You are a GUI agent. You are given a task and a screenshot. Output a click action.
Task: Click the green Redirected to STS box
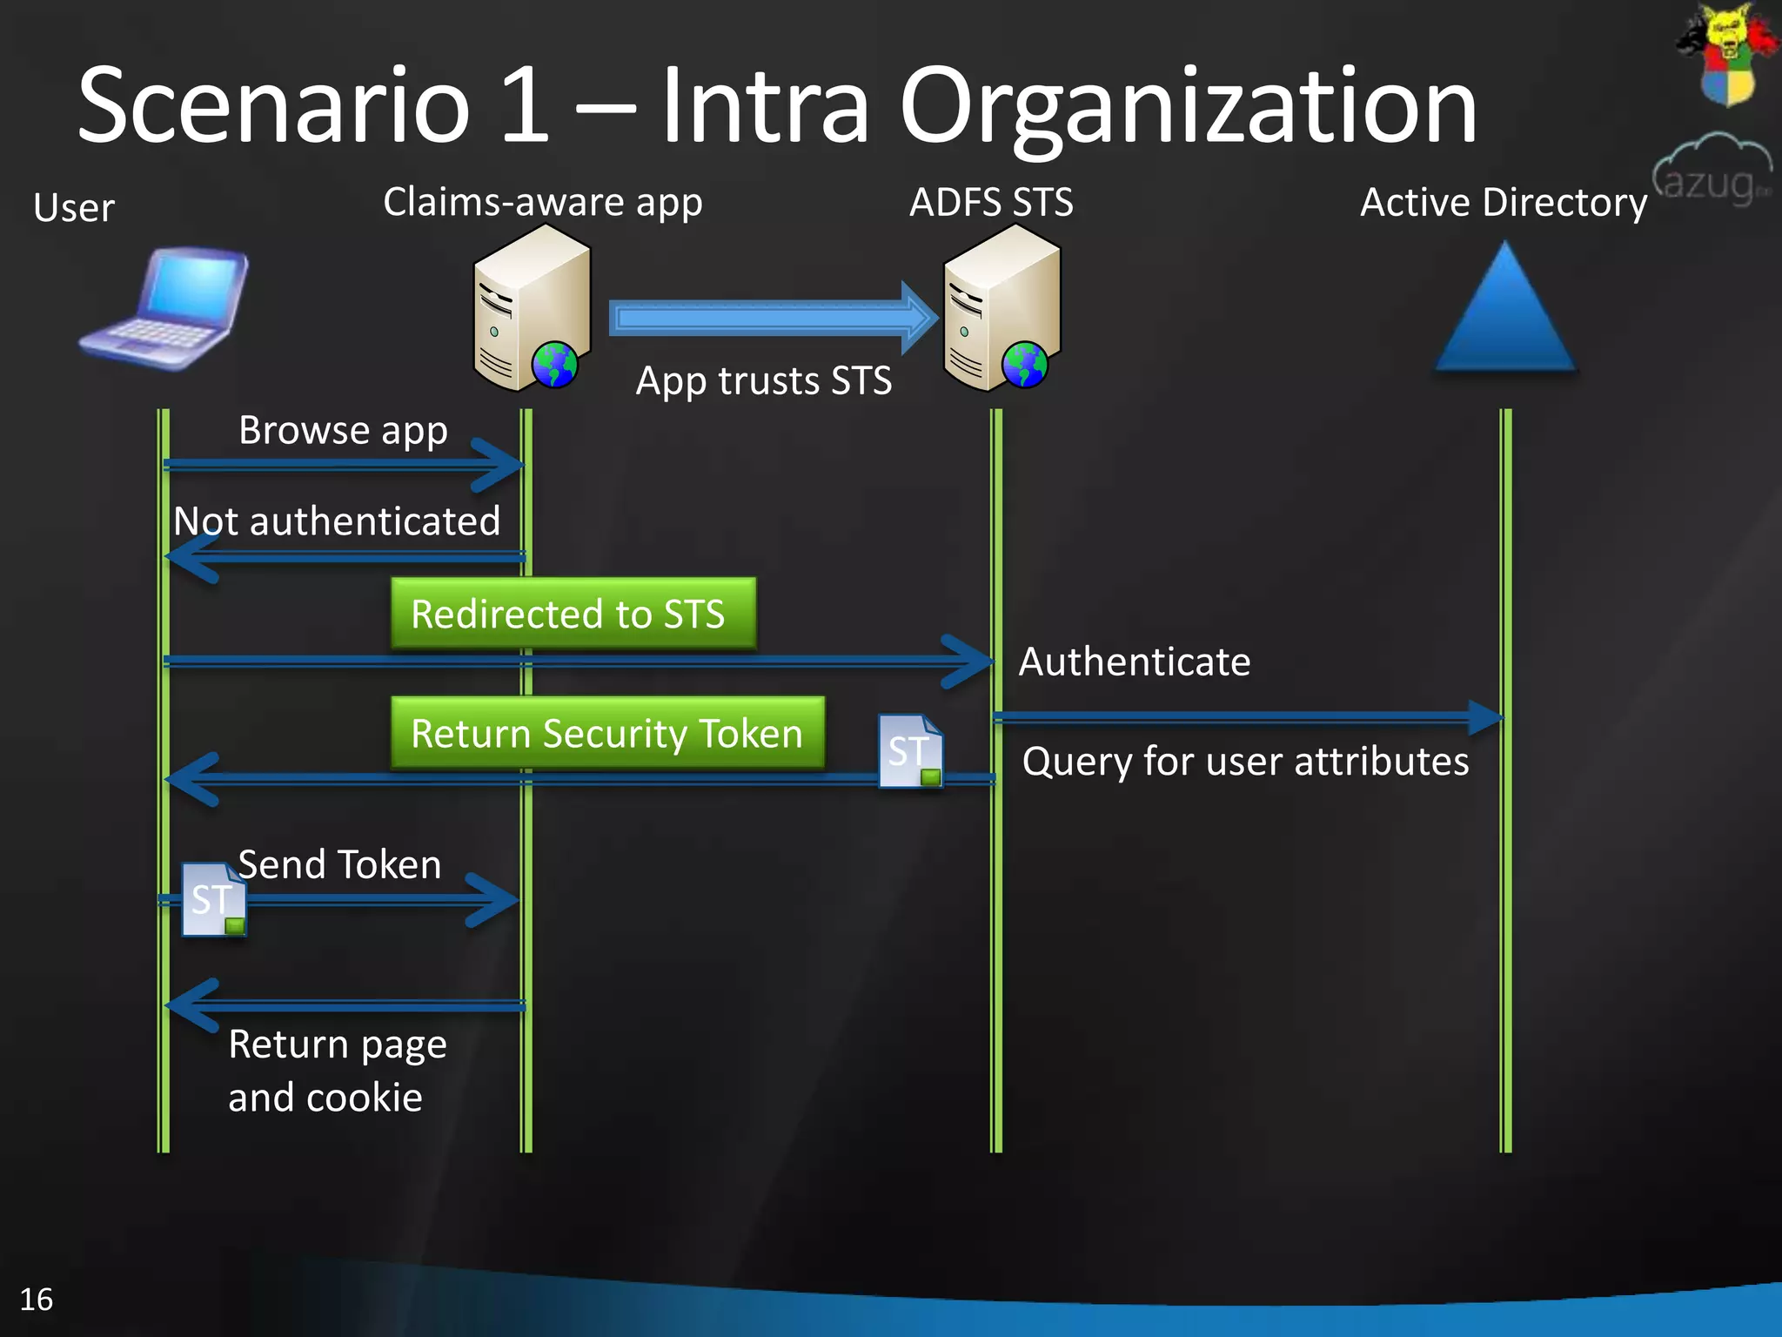coord(573,614)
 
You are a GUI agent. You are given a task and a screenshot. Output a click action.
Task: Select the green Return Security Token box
coord(607,733)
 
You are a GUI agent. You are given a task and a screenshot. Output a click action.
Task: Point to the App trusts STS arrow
coord(773,318)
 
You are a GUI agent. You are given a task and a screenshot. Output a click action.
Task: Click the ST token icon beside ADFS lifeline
coord(910,751)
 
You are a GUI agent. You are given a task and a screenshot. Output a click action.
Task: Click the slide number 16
coord(37,1300)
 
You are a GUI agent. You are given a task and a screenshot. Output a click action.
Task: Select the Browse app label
coord(343,430)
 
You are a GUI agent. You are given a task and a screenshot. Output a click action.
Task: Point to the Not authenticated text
coord(337,521)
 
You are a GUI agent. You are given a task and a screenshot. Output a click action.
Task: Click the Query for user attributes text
coord(1245,762)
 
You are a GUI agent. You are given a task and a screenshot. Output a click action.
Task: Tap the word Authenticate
coord(1135,662)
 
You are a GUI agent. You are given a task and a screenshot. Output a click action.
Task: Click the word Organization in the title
coord(1188,106)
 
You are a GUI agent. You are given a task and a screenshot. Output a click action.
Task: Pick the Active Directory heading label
coord(1504,203)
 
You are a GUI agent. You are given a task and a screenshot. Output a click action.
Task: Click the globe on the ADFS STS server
coord(1025,364)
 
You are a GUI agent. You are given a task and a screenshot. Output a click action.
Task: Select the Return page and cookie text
coord(338,1071)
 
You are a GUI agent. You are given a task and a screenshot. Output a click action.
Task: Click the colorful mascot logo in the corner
coord(1726,52)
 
